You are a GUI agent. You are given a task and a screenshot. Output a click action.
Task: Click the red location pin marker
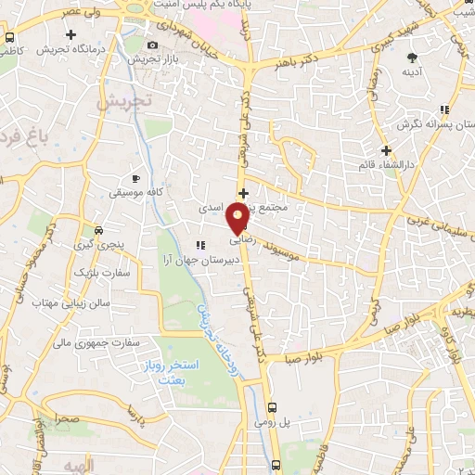238,218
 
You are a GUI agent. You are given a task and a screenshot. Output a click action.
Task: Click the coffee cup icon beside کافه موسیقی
135,177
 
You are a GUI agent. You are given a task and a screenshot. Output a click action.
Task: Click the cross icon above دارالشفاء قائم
386,149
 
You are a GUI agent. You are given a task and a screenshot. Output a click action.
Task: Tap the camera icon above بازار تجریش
152,45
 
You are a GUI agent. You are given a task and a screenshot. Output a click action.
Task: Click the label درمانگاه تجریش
69,49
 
